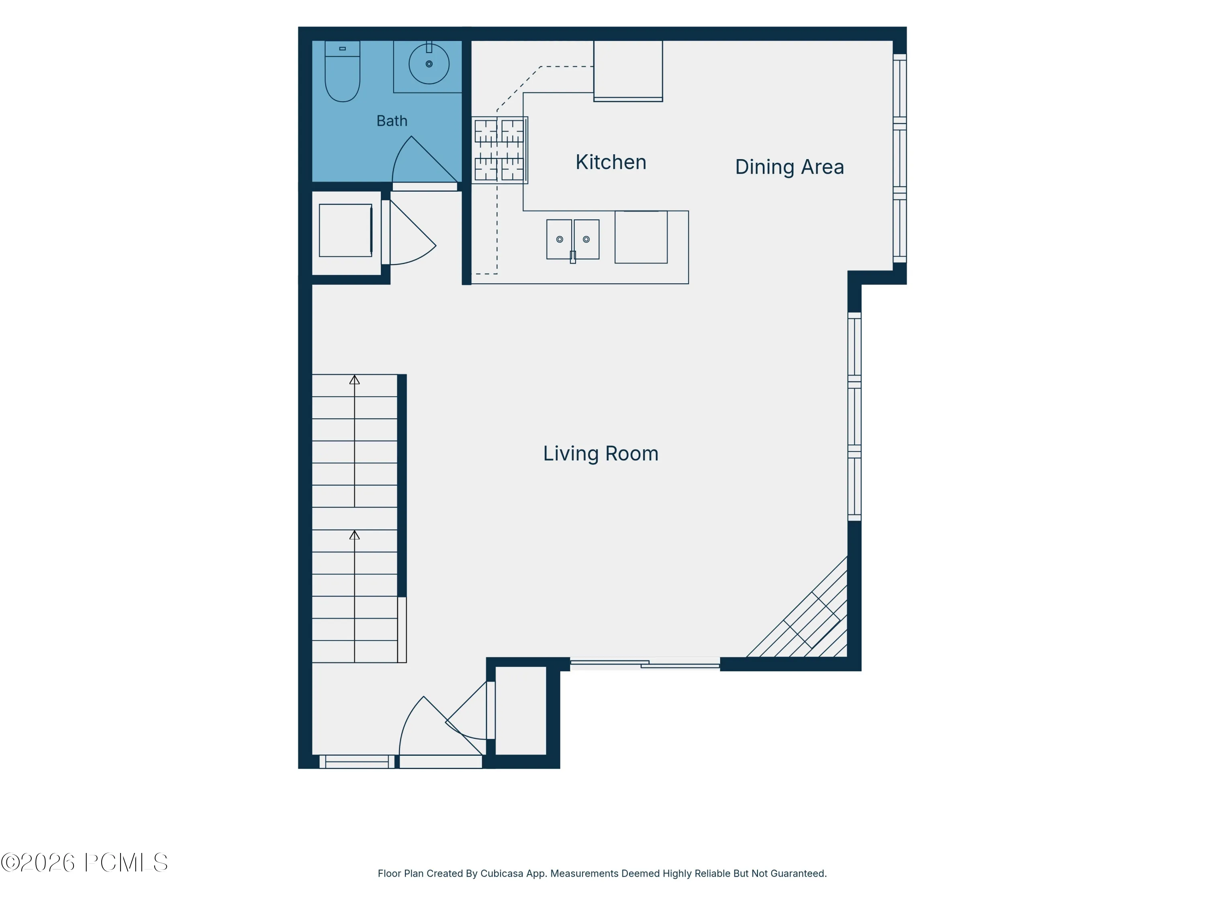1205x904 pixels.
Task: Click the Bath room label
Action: [392, 121]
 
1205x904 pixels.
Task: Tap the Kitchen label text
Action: [611, 162]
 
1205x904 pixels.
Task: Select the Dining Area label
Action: [789, 167]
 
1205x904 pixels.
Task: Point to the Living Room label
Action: [600, 453]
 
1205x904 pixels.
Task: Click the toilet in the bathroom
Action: [342, 71]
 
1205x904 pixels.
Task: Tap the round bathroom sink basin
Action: [429, 64]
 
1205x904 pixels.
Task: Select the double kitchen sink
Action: [572, 240]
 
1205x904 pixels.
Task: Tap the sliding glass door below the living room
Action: [644, 664]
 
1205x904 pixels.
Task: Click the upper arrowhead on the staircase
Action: [355, 380]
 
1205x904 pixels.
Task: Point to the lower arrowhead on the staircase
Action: [355, 535]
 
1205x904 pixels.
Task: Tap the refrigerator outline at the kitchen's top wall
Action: [628, 71]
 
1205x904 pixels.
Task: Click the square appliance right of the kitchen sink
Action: [641, 237]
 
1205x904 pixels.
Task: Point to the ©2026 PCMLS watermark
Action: [84, 863]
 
